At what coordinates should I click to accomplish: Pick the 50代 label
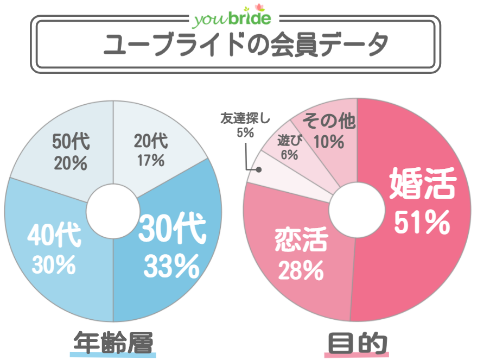tap(71, 142)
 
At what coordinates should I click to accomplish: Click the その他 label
tap(329, 121)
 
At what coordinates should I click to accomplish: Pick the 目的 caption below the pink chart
tap(358, 343)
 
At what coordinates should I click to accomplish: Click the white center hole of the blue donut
tap(112, 212)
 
